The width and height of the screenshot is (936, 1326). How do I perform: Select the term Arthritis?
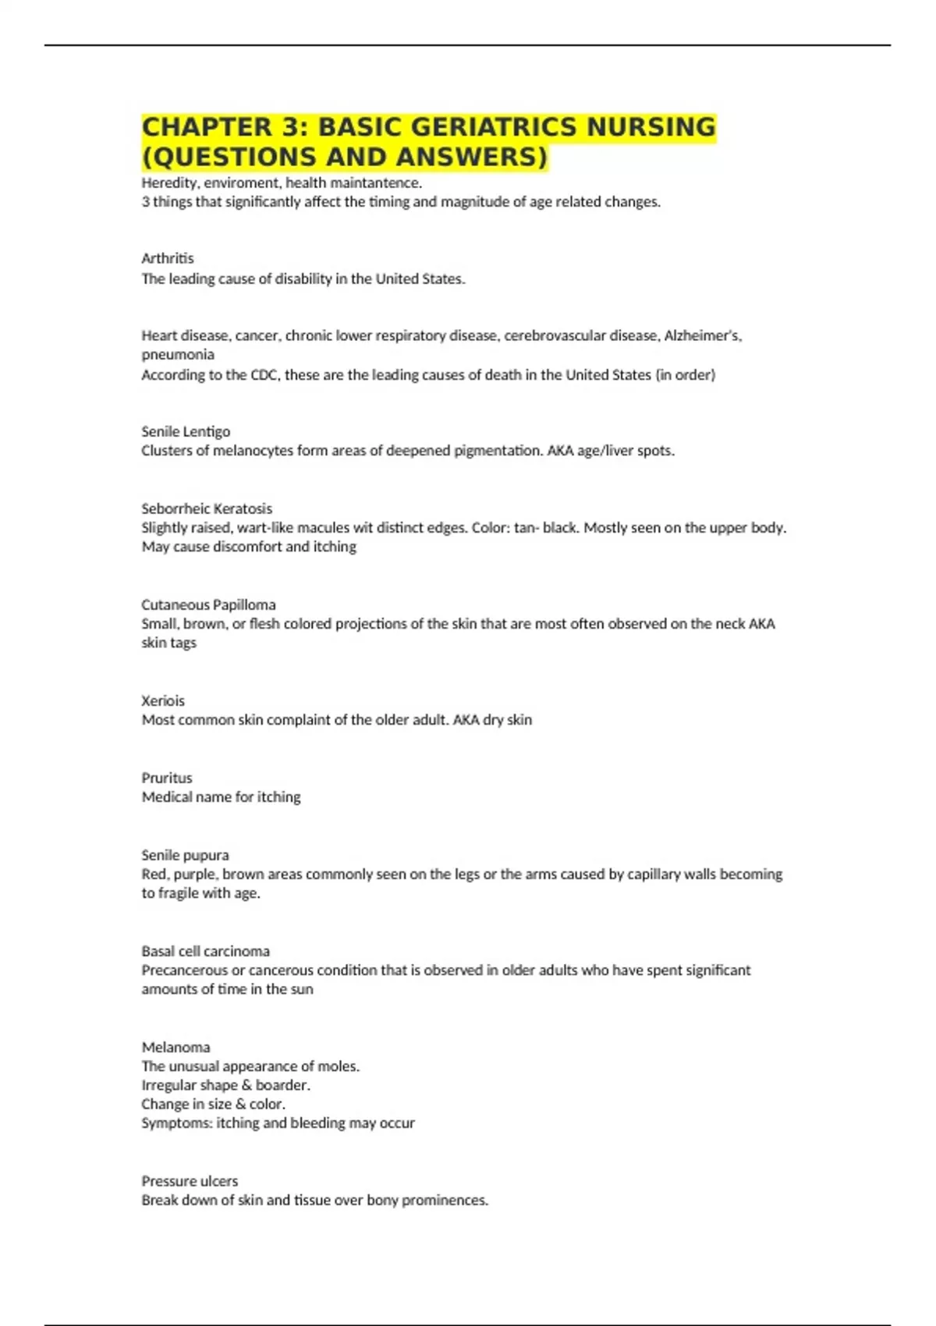tap(168, 258)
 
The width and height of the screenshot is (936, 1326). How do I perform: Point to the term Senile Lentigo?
tap(186, 431)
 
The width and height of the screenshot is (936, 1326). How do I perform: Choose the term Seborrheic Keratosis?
tap(207, 509)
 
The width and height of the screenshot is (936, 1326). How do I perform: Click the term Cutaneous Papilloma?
tap(208, 604)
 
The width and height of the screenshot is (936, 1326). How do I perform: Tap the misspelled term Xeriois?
tap(163, 700)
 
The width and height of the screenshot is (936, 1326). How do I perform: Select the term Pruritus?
tap(166, 778)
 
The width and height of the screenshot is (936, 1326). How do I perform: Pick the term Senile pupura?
tap(185, 855)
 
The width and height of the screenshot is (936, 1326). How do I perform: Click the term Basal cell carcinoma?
tap(205, 951)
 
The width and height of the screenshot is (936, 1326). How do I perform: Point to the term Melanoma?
tap(175, 1047)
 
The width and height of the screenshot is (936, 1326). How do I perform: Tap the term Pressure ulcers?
tap(190, 1181)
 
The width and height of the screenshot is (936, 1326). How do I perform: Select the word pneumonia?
tap(178, 355)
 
